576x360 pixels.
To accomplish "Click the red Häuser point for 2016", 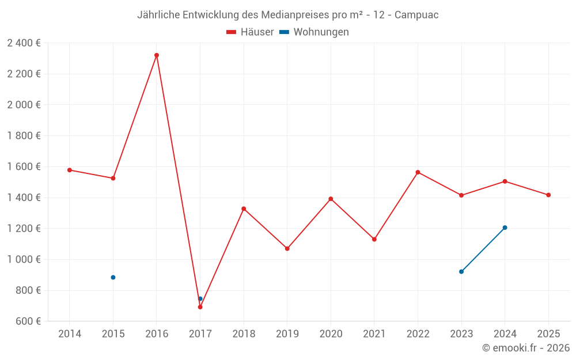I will pyautogui.click(x=157, y=55).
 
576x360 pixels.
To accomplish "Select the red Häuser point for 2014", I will pyautogui.click(x=70, y=170).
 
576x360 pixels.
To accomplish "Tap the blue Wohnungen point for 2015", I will pyautogui.click(x=113, y=278).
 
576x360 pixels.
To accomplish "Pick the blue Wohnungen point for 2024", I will pyautogui.click(x=505, y=228).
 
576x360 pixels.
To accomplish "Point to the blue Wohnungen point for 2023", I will pyautogui.click(x=461, y=271).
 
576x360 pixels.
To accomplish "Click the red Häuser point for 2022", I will pyautogui.click(x=418, y=172).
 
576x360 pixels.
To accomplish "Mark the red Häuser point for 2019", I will pyautogui.click(x=287, y=249).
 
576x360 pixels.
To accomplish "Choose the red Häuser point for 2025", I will pyautogui.click(x=548, y=195).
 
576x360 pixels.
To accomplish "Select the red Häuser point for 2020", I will pyautogui.click(x=331, y=199).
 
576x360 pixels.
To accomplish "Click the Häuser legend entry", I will pyautogui.click(x=250, y=32).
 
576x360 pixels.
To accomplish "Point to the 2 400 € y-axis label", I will pyautogui.click(x=24, y=43).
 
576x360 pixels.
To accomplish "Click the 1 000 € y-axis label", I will pyautogui.click(x=24, y=259).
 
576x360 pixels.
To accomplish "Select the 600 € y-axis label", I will pyautogui.click(x=28, y=321).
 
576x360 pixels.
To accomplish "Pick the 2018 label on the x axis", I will pyautogui.click(x=244, y=334).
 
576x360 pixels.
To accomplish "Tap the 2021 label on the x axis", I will pyautogui.click(x=374, y=334).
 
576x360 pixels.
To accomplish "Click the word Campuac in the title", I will pyautogui.click(x=416, y=15).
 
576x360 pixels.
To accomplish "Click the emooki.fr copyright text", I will pyautogui.click(x=526, y=348).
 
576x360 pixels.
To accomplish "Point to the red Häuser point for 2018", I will pyautogui.click(x=244, y=209).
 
